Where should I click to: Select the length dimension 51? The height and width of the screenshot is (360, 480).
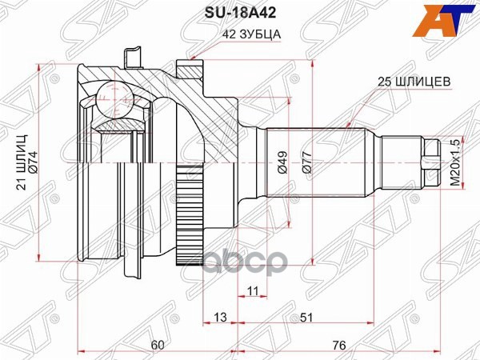tap(306, 318)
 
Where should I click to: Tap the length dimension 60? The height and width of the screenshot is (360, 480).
tap(157, 345)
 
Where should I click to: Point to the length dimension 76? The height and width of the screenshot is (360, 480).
tap(338, 345)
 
